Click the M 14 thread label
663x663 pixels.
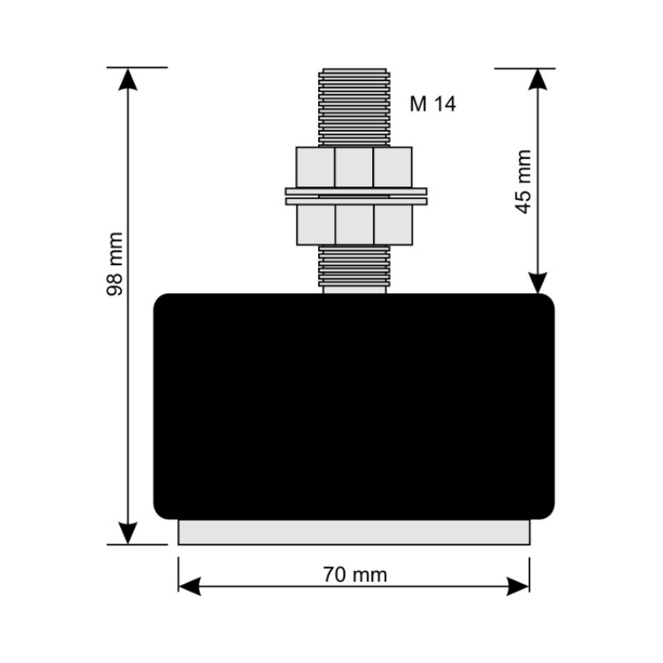[433, 104]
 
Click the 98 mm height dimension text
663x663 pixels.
[114, 264]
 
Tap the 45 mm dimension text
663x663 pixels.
[524, 181]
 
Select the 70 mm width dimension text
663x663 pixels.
[356, 575]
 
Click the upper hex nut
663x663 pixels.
[354, 167]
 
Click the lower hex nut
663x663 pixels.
[355, 225]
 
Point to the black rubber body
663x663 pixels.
[354, 406]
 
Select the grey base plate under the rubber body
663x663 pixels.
[354, 532]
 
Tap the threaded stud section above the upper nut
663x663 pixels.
[354, 108]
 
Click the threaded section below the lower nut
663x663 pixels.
[355, 265]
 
